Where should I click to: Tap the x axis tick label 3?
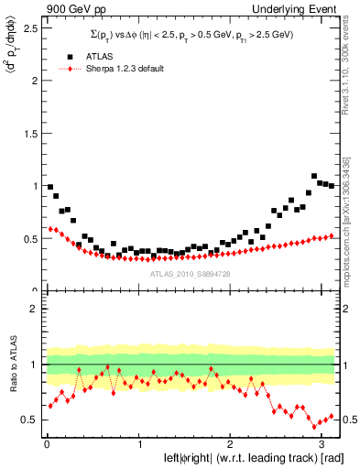324,444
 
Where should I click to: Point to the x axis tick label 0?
46,444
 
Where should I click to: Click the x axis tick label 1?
138,444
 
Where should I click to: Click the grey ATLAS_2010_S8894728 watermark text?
191,273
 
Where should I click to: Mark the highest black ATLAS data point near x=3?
314,176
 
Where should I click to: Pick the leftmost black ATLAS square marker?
50,187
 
